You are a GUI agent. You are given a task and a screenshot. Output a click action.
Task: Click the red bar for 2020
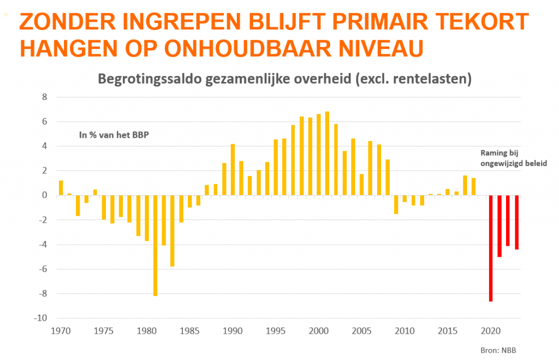coord(491,248)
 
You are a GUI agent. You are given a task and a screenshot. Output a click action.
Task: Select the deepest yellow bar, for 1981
coord(156,245)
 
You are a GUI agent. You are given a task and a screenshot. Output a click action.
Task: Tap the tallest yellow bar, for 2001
coord(327,154)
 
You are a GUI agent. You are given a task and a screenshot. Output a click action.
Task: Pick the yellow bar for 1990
coord(233,169)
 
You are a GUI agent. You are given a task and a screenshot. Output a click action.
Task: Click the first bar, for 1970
coord(61,187)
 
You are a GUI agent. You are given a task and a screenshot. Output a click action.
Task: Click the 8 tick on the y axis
coord(45,97)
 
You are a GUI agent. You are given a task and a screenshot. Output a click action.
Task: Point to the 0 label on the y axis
coord(45,196)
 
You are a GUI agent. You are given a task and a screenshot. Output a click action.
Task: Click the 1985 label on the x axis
coord(189,331)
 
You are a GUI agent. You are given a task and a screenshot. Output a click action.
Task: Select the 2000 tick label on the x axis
coord(318,331)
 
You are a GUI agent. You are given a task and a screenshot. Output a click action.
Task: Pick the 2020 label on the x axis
coord(490,331)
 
